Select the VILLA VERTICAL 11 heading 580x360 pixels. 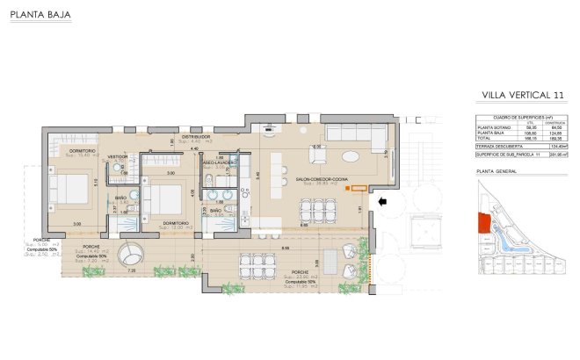point(523,95)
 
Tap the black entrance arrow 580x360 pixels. point(381,203)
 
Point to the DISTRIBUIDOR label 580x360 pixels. point(195,137)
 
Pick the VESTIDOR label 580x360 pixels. point(118,156)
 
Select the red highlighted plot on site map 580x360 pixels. point(482,223)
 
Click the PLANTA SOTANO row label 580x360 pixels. point(492,126)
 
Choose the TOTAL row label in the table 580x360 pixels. point(483,138)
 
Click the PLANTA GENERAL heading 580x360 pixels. point(496,172)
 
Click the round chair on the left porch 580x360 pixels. point(131,254)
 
